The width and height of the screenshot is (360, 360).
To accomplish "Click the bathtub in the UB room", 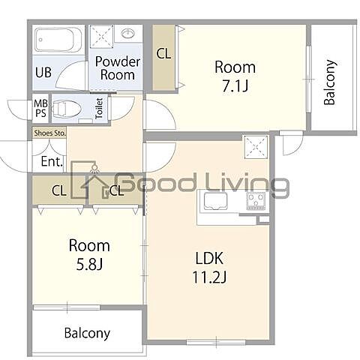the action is (58, 40).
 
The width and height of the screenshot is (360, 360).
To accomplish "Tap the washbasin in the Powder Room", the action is (128, 33).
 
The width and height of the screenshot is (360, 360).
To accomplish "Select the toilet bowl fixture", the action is (67, 109).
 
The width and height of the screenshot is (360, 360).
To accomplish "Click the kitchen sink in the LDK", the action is (215, 201).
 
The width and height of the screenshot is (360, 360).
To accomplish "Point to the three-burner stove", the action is (256, 202).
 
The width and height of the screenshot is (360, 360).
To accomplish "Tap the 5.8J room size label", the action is (89, 265).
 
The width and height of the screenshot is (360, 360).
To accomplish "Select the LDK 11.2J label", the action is (209, 268).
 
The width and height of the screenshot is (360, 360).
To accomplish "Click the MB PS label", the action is (40, 108).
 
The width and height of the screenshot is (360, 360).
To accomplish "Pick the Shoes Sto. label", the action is (49, 133).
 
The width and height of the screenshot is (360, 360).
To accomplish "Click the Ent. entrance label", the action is (52, 161).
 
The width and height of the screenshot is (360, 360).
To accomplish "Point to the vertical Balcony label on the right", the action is (329, 82).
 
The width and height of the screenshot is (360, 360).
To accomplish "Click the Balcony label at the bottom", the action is (87, 333).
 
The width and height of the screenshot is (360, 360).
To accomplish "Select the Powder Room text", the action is (118, 68).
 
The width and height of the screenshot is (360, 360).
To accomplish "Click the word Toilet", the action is (99, 108).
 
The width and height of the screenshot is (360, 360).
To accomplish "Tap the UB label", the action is (43, 72).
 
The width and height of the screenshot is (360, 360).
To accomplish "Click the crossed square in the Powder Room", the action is (101, 37).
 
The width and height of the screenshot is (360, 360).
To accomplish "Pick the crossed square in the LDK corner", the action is (256, 147).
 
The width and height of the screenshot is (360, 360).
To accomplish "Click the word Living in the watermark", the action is (247, 184).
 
